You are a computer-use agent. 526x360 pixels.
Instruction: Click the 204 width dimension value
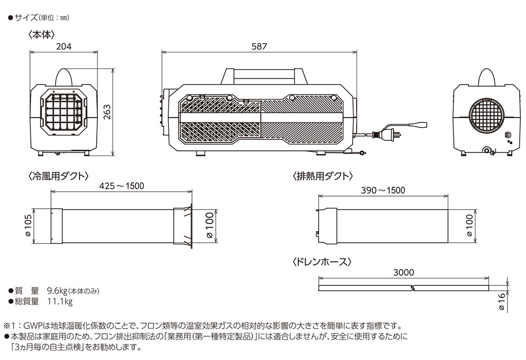coord(64,46)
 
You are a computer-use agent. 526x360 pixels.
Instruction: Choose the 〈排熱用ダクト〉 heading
coord(322,176)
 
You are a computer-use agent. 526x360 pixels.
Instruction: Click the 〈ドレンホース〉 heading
coord(321,261)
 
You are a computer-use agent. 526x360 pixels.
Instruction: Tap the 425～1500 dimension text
coord(122,186)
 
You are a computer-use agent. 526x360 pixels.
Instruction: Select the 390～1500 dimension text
coord(383,190)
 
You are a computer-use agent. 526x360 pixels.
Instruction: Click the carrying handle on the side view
coord(263,74)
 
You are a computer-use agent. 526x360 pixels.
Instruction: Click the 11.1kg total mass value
coord(59,302)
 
